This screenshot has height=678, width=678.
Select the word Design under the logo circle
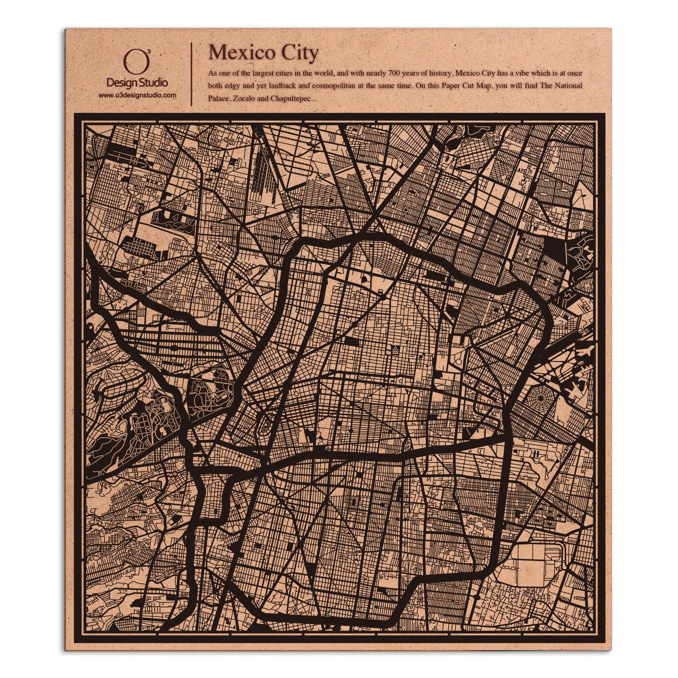(121, 83)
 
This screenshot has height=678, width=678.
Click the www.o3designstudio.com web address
(137, 95)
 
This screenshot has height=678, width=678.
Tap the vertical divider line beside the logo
(191, 74)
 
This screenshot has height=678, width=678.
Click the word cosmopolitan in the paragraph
(333, 86)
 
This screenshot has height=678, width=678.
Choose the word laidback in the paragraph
(281, 86)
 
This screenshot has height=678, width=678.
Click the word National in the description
(569, 86)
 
